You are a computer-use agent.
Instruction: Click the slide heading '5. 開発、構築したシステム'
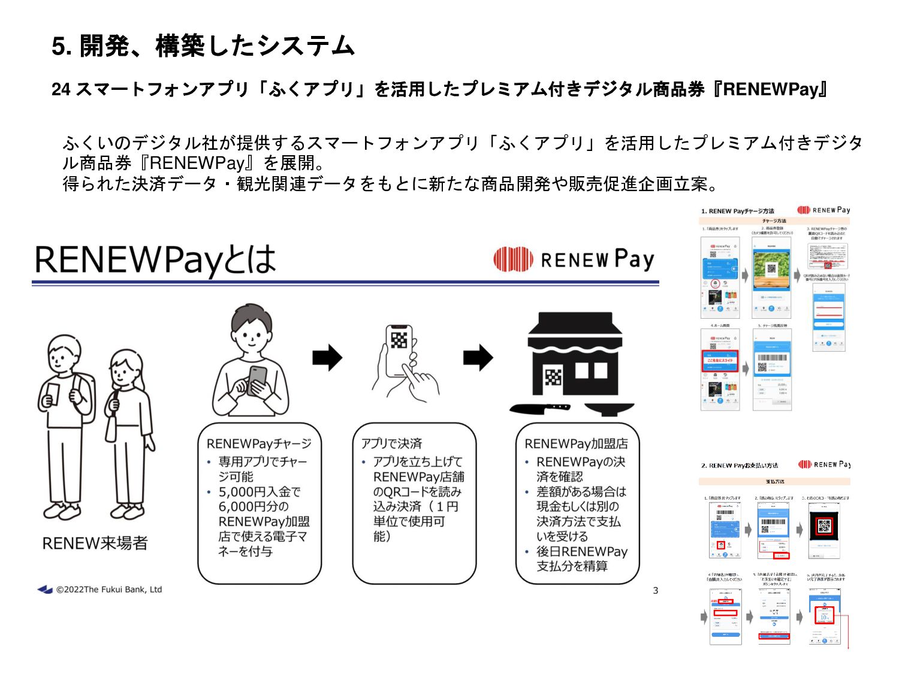203,46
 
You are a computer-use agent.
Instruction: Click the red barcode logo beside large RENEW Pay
513,259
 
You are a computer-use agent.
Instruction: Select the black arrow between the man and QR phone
327,358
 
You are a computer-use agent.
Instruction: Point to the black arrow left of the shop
478,358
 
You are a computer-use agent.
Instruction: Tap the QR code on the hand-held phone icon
399,340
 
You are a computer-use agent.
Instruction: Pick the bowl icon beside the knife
608,409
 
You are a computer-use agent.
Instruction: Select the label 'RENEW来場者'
95,543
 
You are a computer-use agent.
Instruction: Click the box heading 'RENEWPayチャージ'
259,444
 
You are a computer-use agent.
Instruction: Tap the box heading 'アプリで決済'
391,444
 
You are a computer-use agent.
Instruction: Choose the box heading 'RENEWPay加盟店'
576,444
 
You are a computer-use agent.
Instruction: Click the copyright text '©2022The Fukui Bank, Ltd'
108,590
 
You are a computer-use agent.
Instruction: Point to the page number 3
655,591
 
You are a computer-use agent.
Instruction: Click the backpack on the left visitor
84,395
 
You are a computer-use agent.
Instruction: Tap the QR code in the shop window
553,376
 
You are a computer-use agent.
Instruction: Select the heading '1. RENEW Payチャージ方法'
737,211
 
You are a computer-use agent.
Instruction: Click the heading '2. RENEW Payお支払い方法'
740,465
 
